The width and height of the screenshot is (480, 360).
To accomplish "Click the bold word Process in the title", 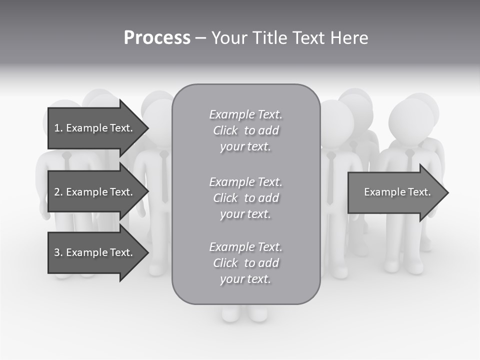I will (x=157, y=38).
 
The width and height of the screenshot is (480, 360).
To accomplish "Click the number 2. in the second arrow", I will (x=58, y=192).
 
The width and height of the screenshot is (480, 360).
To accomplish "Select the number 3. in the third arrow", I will (x=58, y=252).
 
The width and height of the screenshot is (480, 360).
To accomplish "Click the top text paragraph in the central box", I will (x=245, y=130).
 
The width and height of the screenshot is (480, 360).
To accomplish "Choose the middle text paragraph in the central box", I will (x=245, y=198).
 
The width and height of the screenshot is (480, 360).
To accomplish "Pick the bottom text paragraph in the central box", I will (x=245, y=263).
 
